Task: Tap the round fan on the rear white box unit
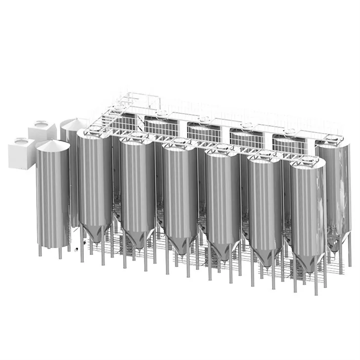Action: click(x=39, y=124)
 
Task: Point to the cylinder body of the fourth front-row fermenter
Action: click(x=222, y=197)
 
